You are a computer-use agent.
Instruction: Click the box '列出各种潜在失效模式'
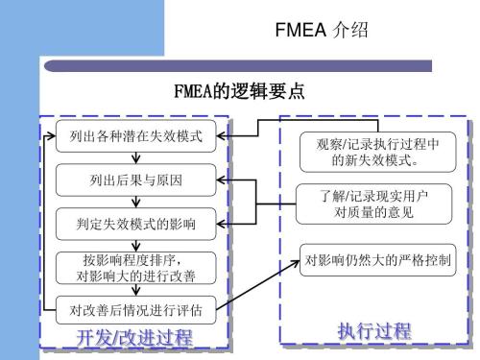(x=130, y=135)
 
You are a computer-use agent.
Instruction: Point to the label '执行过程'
(x=373, y=332)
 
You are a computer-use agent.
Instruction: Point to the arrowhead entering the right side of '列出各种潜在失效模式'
(x=220, y=135)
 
